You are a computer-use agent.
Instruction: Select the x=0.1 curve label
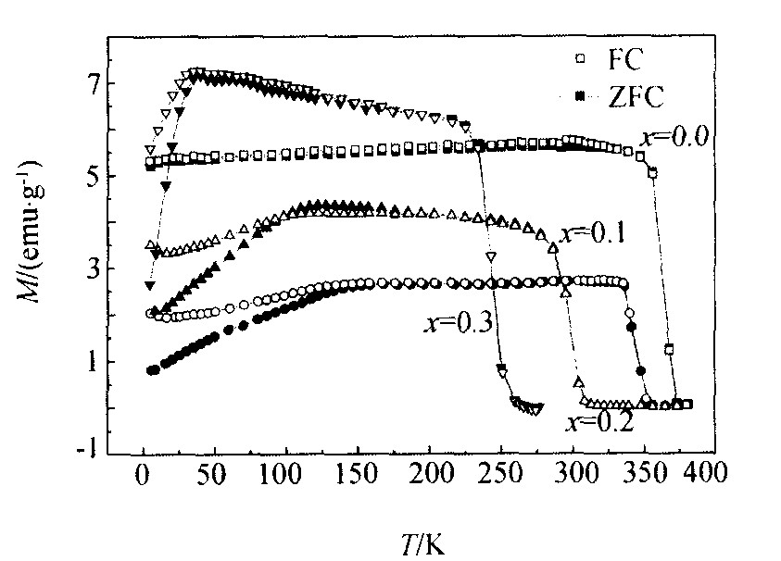click(592, 233)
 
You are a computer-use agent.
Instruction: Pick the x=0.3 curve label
click(454, 322)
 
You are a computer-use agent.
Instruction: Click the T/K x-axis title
click(422, 543)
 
